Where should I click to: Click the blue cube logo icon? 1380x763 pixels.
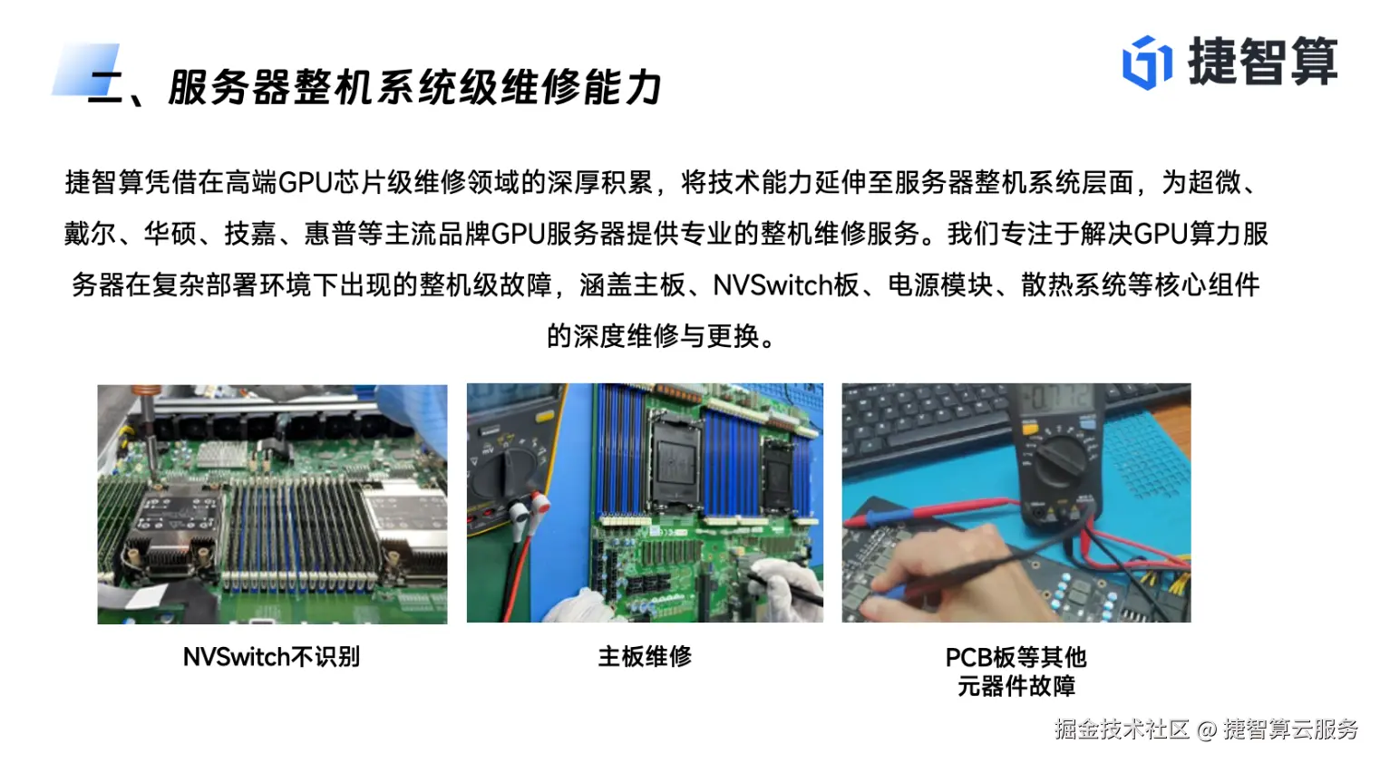click(x=1146, y=63)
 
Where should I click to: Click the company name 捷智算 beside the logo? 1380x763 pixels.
click(x=1263, y=61)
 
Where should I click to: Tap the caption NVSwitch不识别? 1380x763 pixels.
click(x=272, y=657)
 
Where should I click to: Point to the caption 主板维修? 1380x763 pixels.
click(x=645, y=656)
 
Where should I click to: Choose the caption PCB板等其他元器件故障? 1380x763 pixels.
click(x=1016, y=671)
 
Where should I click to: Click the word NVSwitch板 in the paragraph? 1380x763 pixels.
click(x=785, y=285)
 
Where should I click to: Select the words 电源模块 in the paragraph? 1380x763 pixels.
click(x=940, y=285)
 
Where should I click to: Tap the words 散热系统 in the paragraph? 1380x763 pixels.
click(x=1074, y=285)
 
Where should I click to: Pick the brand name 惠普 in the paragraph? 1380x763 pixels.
click(x=330, y=234)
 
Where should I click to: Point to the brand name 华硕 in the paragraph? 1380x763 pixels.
click(x=170, y=234)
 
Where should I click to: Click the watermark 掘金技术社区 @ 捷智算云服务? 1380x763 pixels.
click(x=1206, y=729)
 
